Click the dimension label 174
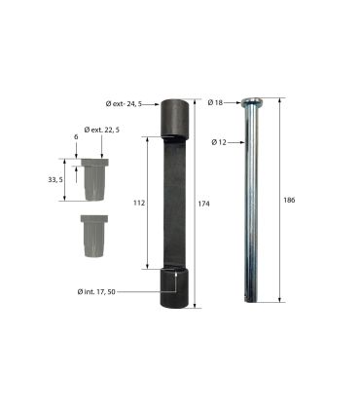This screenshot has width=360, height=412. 203,204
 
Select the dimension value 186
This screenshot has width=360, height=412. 289,200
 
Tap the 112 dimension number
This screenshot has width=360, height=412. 139,204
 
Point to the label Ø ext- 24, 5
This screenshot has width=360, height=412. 124,104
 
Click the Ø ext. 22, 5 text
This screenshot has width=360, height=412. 102,130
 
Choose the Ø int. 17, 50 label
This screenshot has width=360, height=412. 96,292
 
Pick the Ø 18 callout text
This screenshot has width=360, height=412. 215,102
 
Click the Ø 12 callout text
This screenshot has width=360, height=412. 219,142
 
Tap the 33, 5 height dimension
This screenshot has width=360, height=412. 55,179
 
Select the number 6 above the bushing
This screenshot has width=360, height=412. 76,137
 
